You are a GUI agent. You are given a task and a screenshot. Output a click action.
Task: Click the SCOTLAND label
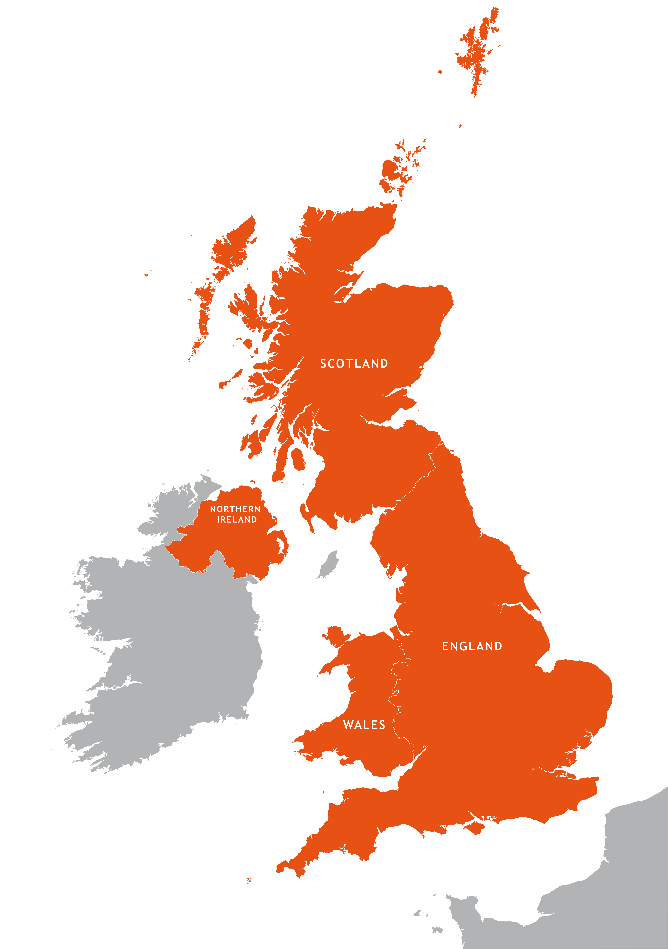pyautogui.click(x=354, y=364)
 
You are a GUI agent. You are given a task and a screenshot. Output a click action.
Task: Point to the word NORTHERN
pyautogui.click(x=235, y=509)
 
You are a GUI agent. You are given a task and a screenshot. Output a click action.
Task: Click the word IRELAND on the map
pyautogui.click(x=237, y=520)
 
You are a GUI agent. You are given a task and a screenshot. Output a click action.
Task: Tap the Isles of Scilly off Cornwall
pyautogui.click(x=248, y=880)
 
